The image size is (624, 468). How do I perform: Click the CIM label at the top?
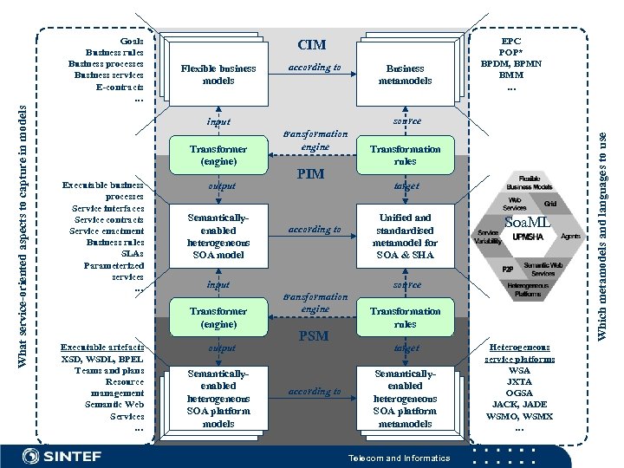pos(311,44)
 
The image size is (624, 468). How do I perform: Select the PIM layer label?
pos(310,173)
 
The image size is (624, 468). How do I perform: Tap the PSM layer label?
pos(310,335)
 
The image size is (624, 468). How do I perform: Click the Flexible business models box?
pos(218,75)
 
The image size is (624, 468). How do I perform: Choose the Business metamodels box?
pos(405,75)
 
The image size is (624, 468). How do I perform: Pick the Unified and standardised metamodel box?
pos(405,236)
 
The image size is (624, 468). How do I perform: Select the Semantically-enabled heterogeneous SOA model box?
pos(218,237)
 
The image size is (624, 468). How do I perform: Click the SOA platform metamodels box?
pos(405,399)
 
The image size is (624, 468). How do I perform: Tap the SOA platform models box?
pos(218,399)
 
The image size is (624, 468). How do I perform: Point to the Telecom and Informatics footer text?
pos(399,458)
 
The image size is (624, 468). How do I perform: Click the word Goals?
pos(132,40)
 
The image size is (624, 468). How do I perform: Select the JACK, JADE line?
pos(519,405)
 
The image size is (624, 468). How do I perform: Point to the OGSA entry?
pos(519,393)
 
